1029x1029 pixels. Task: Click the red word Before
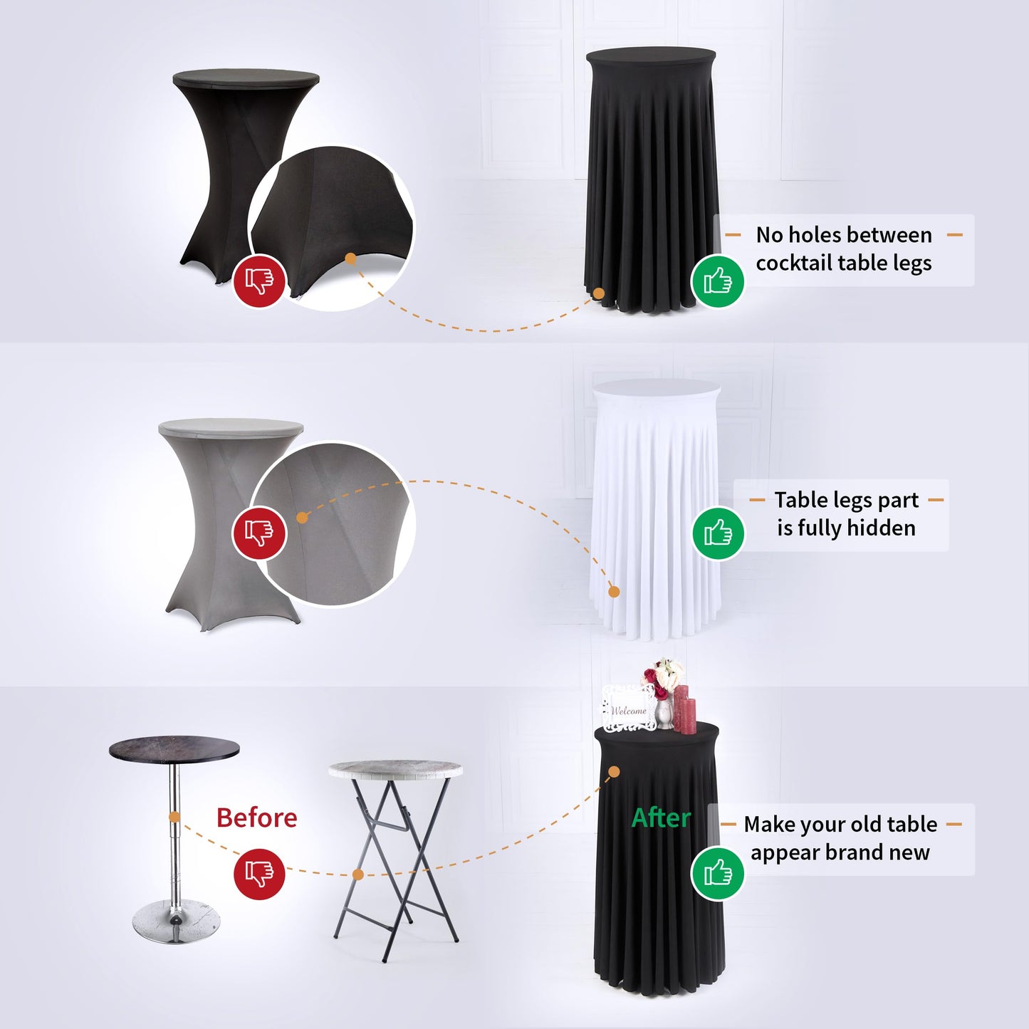pyautogui.click(x=257, y=818)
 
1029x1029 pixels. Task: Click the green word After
pyautogui.click(x=661, y=818)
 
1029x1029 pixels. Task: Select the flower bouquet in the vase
pyautogui.click(x=663, y=677)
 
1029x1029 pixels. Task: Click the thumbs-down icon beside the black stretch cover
pyautogui.click(x=259, y=281)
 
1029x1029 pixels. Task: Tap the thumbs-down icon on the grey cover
pyautogui.click(x=259, y=533)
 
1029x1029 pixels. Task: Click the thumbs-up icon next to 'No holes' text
pyautogui.click(x=718, y=281)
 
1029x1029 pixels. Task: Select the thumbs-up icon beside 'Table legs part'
pyautogui.click(x=719, y=533)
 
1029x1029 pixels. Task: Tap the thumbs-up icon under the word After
pyautogui.click(x=718, y=874)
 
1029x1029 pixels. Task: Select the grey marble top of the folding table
pyautogui.click(x=395, y=770)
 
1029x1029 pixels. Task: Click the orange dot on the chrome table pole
pyautogui.click(x=174, y=817)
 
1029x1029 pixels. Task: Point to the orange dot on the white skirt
pyautogui.click(x=614, y=592)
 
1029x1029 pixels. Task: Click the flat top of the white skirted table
pyautogui.click(x=657, y=387)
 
